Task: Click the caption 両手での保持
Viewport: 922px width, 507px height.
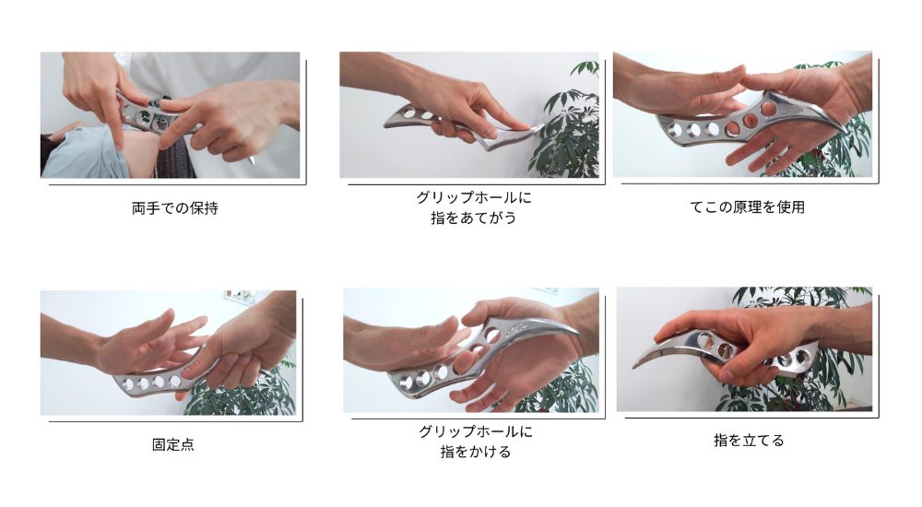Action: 174,208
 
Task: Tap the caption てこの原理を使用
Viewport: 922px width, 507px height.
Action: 747,207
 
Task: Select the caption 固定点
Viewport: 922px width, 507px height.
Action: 173,444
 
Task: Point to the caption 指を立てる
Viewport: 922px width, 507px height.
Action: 749,440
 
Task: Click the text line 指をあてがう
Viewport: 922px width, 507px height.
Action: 473,218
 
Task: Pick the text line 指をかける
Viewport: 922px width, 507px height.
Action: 475,452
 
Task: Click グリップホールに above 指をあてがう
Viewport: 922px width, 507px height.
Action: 473,197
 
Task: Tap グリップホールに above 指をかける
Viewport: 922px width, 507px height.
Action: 475,431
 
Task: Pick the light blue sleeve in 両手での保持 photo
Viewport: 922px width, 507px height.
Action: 82,154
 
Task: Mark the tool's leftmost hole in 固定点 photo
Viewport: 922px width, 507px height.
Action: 127,384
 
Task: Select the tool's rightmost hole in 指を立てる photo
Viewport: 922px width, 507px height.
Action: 799,357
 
